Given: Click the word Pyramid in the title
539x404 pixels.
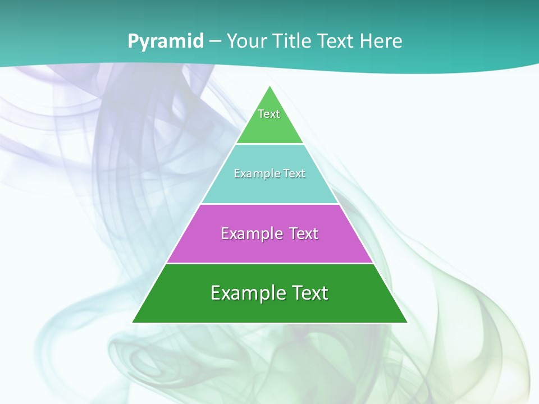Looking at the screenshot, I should (165, 42).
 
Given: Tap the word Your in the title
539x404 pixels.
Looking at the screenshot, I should (248, 41).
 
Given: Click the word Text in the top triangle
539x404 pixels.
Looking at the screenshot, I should (269, 114).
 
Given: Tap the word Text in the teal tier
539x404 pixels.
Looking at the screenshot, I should (294, 174).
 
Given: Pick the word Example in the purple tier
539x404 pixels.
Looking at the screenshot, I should (246, 233).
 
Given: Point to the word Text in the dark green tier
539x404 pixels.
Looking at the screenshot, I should (309, 293).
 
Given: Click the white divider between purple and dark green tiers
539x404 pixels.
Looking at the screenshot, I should (269, 263).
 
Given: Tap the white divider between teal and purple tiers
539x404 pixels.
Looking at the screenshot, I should (269, 204).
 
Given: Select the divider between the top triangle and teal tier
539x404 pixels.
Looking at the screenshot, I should (269, 144).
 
